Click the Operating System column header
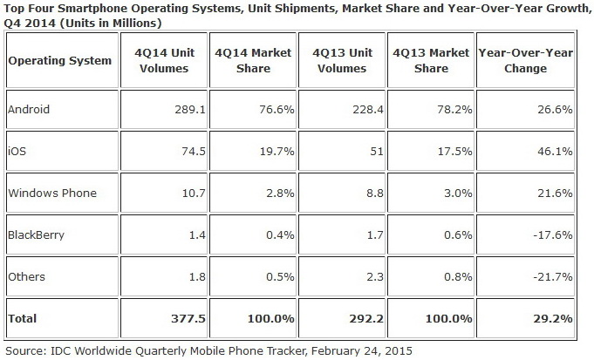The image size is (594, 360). [x=59, y=61]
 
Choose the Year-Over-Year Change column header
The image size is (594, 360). [x=525, y=61]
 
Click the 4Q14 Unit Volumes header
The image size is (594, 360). [x=162, y=61]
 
